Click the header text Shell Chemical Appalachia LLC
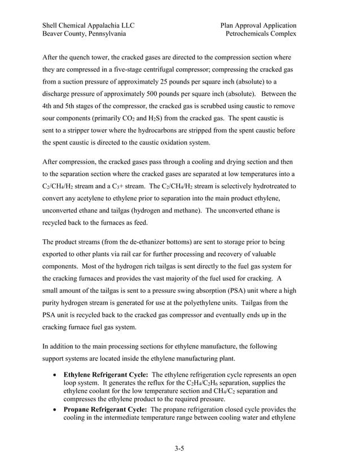(88, 25)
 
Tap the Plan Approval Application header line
(258, 25)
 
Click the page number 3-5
(179, 449)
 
